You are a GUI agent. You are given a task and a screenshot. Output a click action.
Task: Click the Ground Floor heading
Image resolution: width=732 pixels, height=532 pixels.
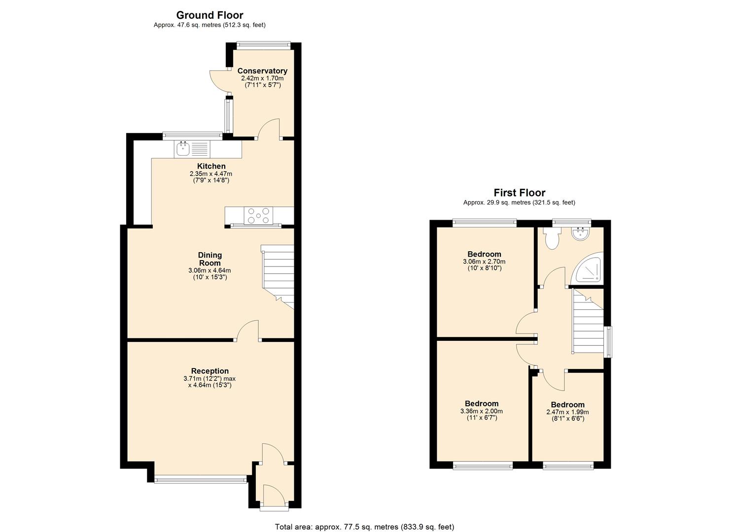(x=209, y=15)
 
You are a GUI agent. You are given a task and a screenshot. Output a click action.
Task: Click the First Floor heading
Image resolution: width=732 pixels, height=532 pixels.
(x=519, y=193)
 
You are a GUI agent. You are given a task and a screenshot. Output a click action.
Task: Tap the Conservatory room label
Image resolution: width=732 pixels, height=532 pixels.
(x=262, y=71)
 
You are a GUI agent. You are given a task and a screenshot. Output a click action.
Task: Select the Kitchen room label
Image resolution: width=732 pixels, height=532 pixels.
(x=211, y=166)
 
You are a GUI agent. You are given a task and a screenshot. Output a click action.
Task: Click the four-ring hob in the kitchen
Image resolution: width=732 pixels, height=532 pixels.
(x=258, y=216)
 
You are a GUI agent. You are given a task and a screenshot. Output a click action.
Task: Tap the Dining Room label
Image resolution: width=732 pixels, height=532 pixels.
(x=210, y=259)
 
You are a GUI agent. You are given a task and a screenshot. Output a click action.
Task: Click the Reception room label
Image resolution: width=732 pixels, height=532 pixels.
(x=210, y=371)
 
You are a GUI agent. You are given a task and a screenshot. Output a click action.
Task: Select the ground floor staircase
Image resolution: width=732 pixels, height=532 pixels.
(x=278, y=276)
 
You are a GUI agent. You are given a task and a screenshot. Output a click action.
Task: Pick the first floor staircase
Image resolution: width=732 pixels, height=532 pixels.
(x=588, y=323)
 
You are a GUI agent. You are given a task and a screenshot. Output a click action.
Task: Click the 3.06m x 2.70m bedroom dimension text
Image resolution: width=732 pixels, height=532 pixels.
(x=484, y=262)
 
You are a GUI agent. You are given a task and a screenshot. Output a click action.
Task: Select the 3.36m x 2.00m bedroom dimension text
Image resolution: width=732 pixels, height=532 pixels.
(x=481, y=411)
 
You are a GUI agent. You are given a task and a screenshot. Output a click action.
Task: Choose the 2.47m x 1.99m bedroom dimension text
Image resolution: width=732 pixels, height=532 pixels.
(x=567, y=412)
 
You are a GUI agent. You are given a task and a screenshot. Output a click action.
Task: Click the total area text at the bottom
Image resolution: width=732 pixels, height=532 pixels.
(x=364, y=527)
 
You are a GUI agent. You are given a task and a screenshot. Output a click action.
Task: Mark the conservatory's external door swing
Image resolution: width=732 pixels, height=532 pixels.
(x=218, y=81)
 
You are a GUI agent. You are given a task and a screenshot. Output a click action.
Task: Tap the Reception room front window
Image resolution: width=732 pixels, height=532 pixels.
(x=200, y=478)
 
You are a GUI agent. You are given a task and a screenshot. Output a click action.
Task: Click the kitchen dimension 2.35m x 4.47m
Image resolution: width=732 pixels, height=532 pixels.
(x=211, y=174)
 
